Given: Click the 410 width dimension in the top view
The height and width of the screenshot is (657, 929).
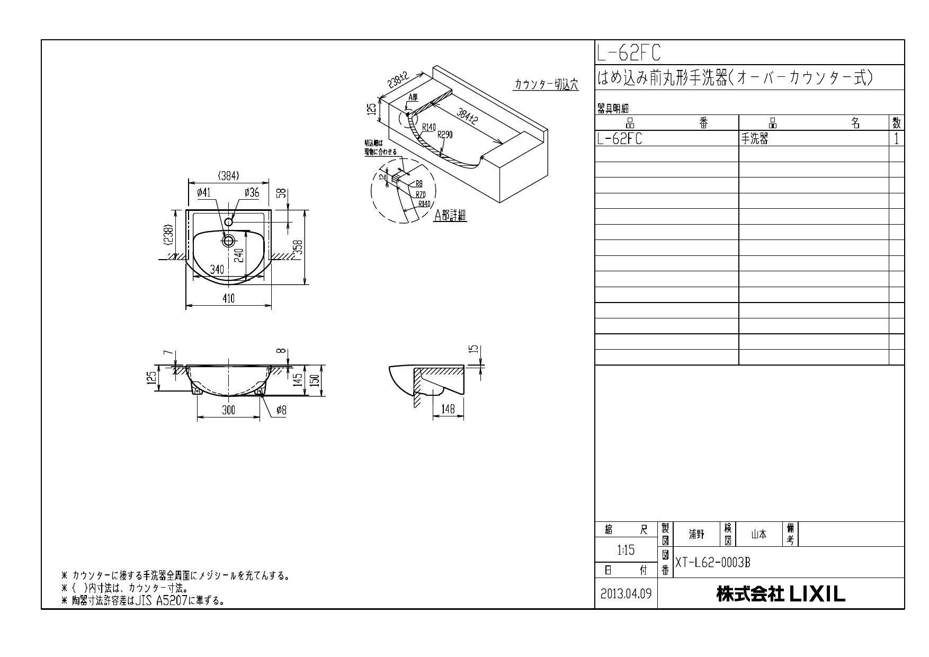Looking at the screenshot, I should click(228, 299).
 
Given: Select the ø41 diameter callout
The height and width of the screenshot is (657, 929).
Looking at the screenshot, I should click(203, 193).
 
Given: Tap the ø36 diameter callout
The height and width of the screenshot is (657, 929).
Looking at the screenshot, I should click(252, 193).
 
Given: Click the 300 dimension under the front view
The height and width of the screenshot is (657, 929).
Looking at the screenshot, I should click(228, 410).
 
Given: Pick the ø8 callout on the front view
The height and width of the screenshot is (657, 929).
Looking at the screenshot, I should click(281, 410).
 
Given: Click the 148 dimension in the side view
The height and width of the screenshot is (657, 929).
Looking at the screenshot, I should click(448, 410).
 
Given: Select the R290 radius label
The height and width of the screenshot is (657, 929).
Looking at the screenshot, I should click(445, 135).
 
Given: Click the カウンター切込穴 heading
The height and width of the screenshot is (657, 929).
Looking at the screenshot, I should click(546, 85).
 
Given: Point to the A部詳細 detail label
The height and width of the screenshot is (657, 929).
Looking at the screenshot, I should click(450, 215).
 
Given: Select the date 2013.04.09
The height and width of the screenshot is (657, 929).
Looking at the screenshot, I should click(626, 593).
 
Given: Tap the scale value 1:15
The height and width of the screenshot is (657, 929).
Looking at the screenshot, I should click(626, 550).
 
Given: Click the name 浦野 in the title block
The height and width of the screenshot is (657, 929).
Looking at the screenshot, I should click(696, 535).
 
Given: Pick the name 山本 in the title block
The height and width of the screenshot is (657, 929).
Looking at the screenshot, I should click(758, 535).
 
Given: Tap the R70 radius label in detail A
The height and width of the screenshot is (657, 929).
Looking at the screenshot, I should click(421, 194).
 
